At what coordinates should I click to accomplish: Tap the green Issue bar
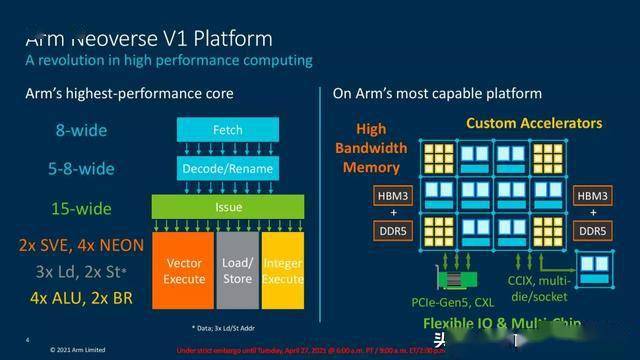[x=227, y=207]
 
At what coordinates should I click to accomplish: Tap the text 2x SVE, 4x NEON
[x=81, y=245]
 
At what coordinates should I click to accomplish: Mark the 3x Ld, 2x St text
[x=81, y=271]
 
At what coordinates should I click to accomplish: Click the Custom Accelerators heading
[x=534, y=123]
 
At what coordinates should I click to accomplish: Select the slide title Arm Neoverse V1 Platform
[x=147, y=39]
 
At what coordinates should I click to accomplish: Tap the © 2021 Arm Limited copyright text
[x=82, y=350]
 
